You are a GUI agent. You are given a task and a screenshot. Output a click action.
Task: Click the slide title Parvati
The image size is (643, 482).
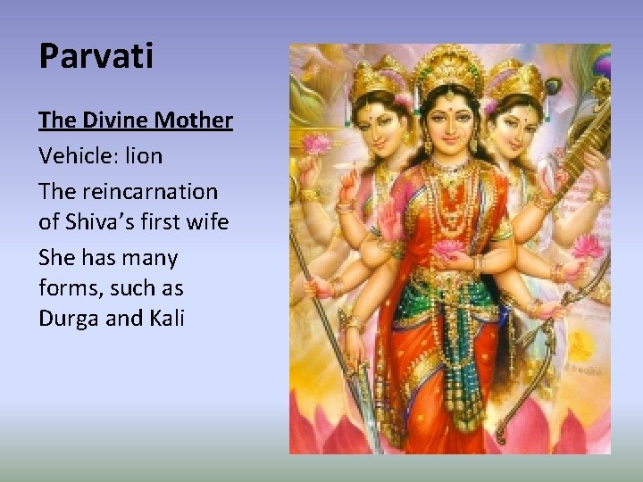96,57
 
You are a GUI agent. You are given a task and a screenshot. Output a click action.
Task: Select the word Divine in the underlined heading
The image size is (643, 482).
120,120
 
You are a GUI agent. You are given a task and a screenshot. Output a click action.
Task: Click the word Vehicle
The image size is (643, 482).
74,156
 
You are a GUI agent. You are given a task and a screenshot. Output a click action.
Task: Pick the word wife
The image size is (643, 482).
209,221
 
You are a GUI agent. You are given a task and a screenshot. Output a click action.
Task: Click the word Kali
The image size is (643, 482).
164,319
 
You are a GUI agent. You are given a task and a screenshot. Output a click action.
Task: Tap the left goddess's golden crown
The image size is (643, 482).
379,80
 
